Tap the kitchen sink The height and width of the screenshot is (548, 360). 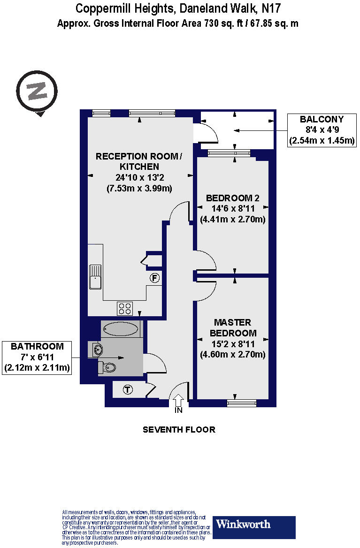(x=96, y=277)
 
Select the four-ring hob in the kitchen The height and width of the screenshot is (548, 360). (x=125, y=308)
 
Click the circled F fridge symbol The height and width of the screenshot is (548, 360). (x=154, y=278)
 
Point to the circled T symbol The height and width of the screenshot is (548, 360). (x=127, y=389)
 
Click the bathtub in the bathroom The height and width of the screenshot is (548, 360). (x=121, y=329)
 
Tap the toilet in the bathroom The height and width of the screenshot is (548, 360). (x=107, y=367)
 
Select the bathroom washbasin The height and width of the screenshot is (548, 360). (x=97, y=349)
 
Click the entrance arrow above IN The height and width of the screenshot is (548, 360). (x=178, y=401)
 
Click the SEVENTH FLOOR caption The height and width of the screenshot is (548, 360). (x=179, y=429)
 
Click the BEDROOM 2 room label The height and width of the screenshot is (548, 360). (x=233, y=198)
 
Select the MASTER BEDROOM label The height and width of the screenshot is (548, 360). (x=233, y=328)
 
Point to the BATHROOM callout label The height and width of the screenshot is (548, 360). (x=37, y=347)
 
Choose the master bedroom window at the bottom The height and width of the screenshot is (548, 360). (x=242, y=403)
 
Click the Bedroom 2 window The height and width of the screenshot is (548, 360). (x=229, y=152)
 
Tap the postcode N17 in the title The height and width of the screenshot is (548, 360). (x=272, y=8)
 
